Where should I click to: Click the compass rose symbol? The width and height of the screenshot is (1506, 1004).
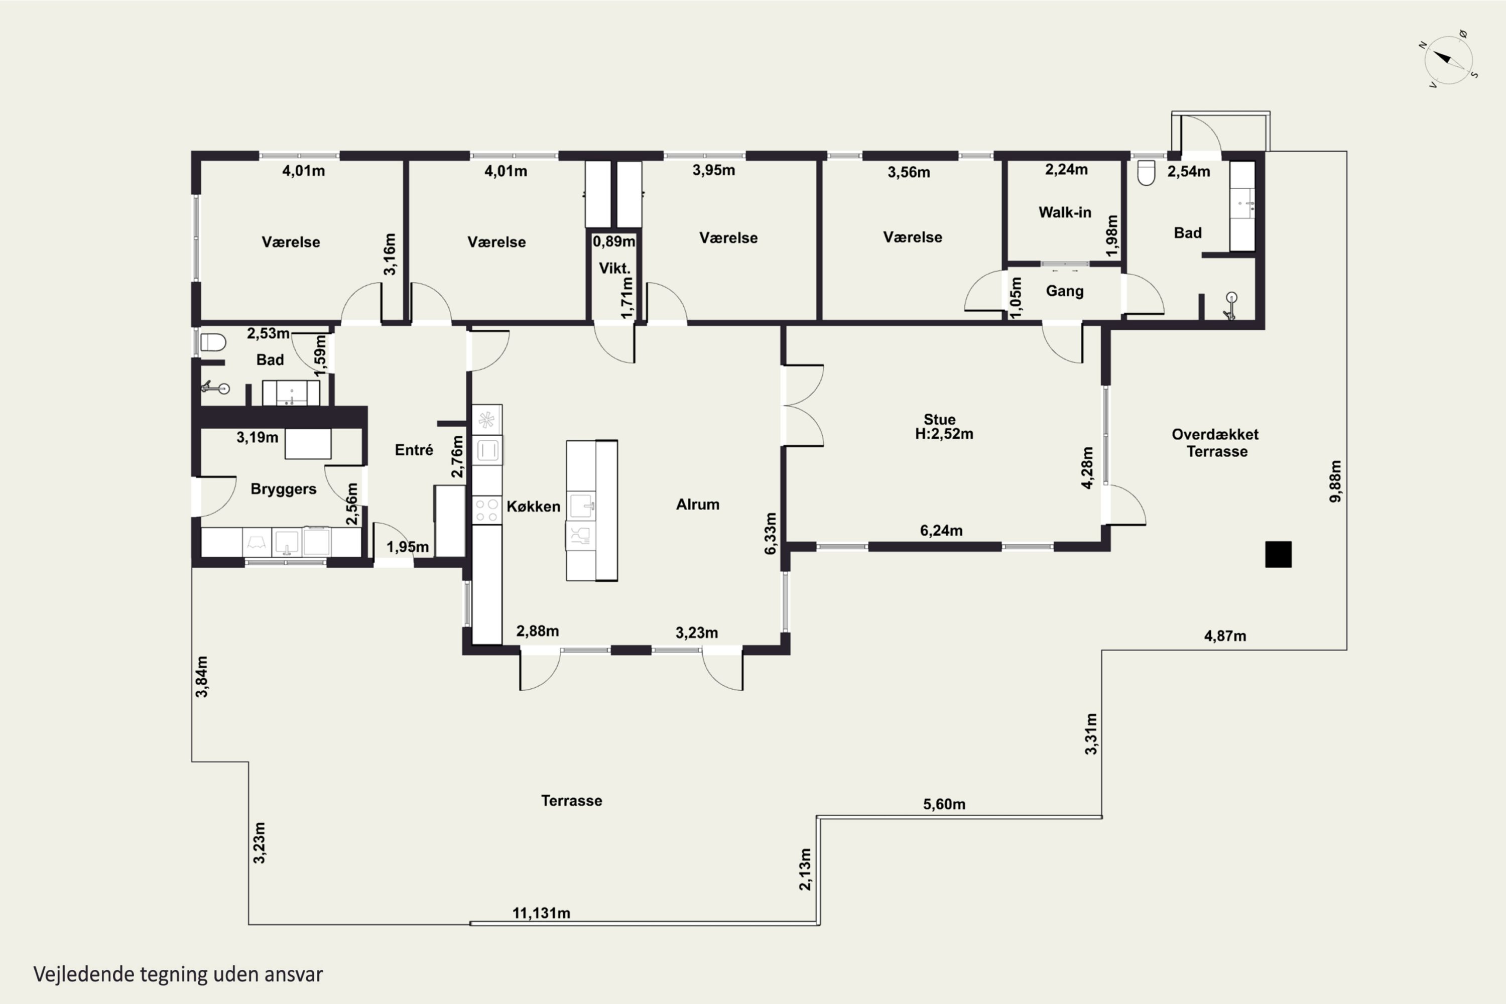click(x=1448, y=60)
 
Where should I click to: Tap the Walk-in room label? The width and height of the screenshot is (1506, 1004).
click(x=1065, y=212)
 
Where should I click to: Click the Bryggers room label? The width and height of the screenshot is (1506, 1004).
click(x=283, y=489)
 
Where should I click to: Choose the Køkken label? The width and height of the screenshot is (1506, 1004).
click(x=533, y=507)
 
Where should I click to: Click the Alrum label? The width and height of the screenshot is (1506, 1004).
click(x=697, y=505)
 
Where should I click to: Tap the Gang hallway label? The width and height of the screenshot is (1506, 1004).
click(x=1065, y=291)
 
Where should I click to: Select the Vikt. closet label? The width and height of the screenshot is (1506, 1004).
click(x=614, y=268)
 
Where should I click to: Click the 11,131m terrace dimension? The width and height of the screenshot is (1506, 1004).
click(x=541, y=913)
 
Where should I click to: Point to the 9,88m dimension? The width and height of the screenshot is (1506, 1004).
click(x=1335, y=481)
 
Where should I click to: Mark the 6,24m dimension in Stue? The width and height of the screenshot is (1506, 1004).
click(x=941, y=530)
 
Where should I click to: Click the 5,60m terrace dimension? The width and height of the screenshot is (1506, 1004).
click(x=944, y=804)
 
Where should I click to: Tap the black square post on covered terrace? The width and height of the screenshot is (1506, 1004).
click(x=1278, y=555)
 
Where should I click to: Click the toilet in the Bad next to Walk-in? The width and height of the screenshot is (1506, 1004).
click(x=1146, y=172)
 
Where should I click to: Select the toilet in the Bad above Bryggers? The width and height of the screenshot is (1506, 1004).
click(x=213, y=342)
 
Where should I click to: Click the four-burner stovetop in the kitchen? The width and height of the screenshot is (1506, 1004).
click(x=486, y=511)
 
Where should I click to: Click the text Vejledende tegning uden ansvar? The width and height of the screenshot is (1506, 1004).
click(x=178, y=974)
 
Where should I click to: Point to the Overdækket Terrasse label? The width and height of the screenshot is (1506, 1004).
click(x=1215, y=442)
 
